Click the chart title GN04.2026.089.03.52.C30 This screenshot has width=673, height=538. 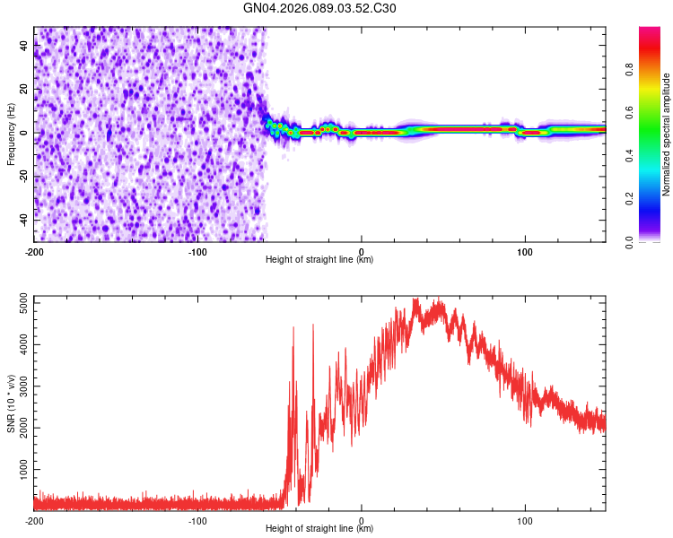319,8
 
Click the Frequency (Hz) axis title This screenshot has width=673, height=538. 12,134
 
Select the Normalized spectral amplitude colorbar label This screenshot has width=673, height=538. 667,134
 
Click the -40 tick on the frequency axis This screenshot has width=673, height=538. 24,219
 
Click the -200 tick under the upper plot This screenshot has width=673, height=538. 34,251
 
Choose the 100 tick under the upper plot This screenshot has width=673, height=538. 525,251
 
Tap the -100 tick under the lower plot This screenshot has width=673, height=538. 197,520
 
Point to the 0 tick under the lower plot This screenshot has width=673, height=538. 362,520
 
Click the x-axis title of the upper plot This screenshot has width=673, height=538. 319,260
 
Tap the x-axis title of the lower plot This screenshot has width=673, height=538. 319,529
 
